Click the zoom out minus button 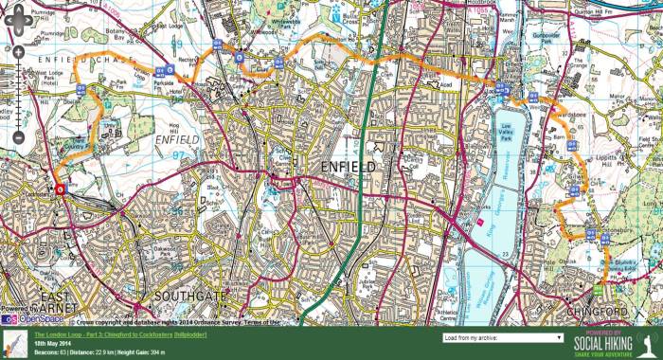(x=17, y=139)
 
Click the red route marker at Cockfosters (x=60, y=189)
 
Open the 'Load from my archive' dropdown (x=503, y=337)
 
